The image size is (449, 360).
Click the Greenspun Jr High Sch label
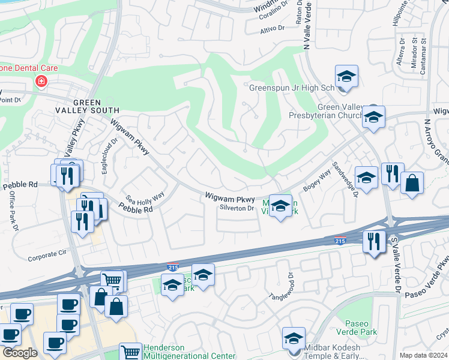pos(291,88)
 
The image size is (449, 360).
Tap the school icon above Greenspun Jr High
pos(346,77)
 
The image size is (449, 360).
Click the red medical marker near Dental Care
pos(41,81)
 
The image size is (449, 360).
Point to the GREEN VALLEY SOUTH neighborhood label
pos(88,106)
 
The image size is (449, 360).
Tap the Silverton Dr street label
pos(237,208)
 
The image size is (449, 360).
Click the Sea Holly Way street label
pos(145,197)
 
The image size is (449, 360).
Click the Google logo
pos(20,353)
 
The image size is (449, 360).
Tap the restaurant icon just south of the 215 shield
pos(375,242)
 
